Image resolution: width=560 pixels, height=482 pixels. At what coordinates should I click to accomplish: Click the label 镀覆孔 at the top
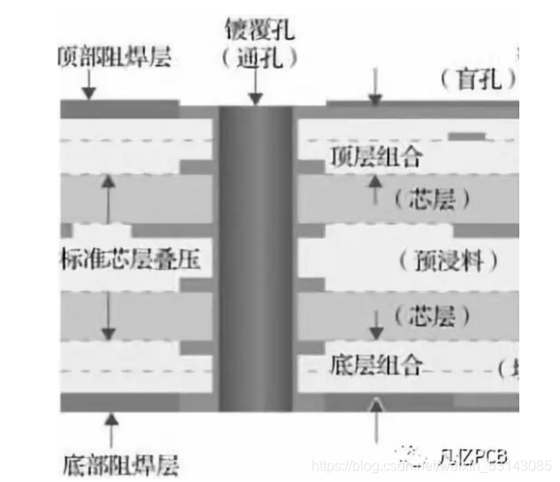click(x=258, y=34)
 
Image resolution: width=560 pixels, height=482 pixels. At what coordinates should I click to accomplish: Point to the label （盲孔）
click(x=478, y=80)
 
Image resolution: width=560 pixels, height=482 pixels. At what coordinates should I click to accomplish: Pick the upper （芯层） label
click(x=433, y=199)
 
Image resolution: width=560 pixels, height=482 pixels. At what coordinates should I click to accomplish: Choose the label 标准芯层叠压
click(x=129, y=260)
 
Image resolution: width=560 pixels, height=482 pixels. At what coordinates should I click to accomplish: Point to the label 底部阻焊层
click(x=121, y=463)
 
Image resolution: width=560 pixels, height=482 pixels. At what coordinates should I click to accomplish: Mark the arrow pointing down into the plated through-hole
click(x=255, y=88)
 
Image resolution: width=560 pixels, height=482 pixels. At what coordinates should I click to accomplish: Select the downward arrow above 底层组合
click(x=375, y=325)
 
